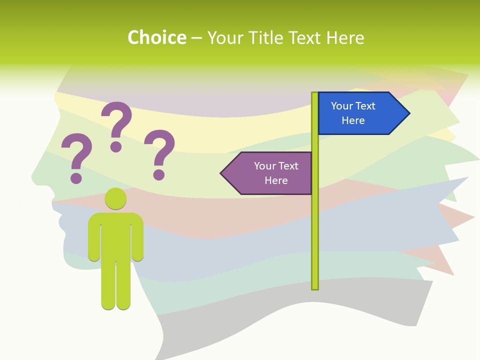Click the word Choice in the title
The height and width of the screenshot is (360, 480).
156,37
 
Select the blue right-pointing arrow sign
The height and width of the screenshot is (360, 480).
360,113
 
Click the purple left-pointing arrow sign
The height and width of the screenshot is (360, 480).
270,173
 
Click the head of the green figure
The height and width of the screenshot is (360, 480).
115,198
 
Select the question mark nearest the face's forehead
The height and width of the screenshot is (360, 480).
76,155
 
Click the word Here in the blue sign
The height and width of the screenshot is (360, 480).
353,120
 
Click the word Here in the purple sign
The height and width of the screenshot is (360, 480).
276,180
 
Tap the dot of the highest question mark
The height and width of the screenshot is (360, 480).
116,146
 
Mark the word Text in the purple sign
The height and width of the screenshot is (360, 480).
287,166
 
